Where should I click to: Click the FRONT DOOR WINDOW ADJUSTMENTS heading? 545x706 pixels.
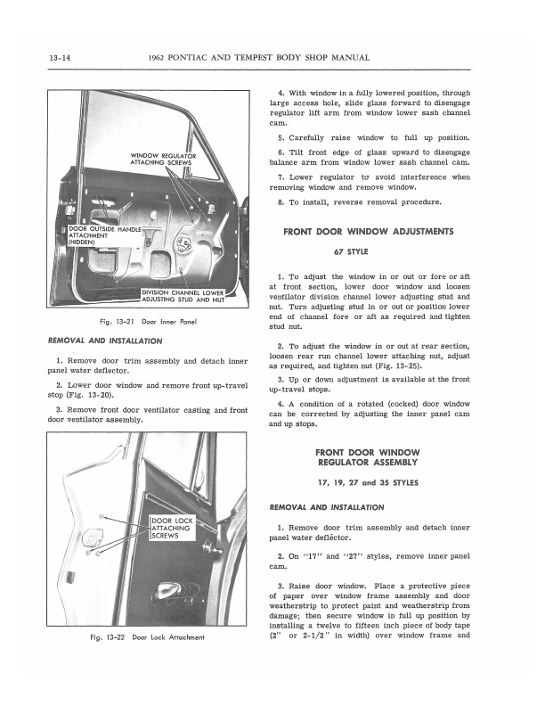(368, 232)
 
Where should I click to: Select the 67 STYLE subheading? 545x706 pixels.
(368, 251)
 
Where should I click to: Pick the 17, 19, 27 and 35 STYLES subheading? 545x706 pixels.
(368, 482)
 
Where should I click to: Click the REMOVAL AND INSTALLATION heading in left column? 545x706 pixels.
(103, 341)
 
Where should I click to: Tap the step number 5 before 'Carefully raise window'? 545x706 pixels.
(281, 138)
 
